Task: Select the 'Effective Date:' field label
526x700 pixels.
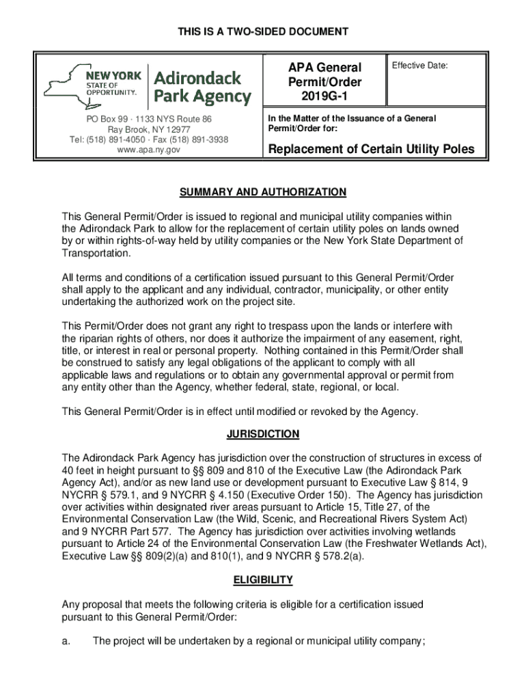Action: [419, 66]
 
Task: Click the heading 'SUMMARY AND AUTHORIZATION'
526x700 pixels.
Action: [263, 192]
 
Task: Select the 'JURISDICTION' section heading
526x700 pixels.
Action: [263, 434]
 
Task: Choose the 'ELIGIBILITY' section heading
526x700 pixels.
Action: [263, 580]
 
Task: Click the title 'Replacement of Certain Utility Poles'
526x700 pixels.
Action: [370, 150]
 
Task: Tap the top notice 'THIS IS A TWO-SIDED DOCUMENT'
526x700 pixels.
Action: [263, 31]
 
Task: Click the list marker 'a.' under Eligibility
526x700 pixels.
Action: [67, 641]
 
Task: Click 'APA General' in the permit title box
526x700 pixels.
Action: [324, 67]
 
